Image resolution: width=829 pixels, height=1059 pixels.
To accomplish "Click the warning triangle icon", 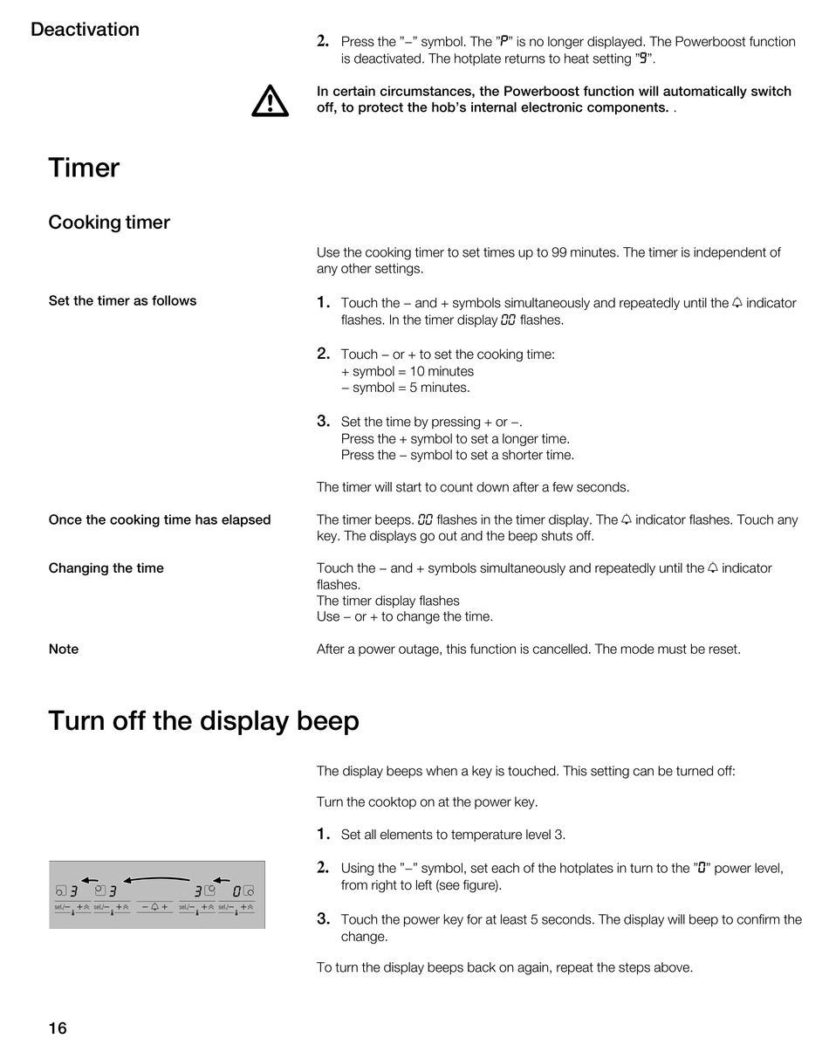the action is (270, 101).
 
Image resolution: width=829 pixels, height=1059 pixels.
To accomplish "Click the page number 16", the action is (58, 1028).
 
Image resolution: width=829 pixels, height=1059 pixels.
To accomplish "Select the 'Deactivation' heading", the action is (85, 29).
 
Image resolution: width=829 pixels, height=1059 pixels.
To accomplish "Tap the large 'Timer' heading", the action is (84, 168).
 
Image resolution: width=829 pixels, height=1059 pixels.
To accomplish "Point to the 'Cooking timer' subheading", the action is (109, 223).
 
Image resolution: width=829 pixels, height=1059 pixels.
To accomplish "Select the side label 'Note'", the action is (64, 650).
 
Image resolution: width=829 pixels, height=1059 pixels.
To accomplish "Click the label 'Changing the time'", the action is (106, 568).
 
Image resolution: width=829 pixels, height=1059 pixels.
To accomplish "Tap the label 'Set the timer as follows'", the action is (122, 300).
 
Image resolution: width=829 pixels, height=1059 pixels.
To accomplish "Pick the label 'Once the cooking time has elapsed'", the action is (160, 519).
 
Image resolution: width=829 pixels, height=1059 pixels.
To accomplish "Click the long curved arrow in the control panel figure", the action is (156, 878).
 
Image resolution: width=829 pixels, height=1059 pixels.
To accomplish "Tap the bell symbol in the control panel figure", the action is (154, 907).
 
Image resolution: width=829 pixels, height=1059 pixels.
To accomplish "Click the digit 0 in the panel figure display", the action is (236, 891).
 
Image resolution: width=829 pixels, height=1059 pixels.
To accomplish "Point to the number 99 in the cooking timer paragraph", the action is (558, 252).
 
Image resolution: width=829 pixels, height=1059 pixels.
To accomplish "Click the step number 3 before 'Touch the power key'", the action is (323, 918).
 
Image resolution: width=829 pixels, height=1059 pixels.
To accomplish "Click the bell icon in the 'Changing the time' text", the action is (713, 567).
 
